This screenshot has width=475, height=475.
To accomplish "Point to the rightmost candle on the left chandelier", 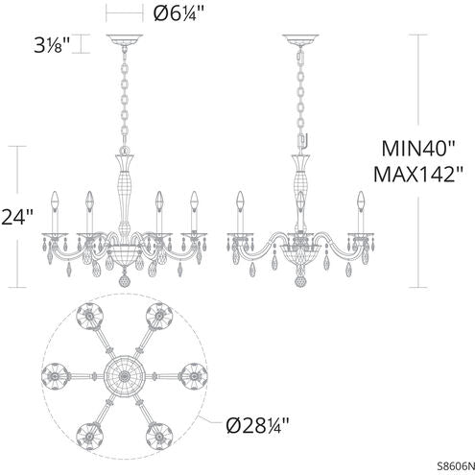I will click(x=195, y=206).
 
